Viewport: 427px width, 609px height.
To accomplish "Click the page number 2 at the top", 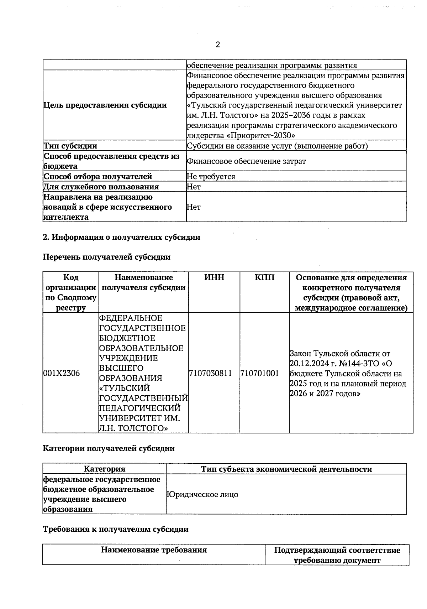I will (x=218, y=45).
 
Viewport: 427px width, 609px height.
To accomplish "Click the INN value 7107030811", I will (x=211, y=373).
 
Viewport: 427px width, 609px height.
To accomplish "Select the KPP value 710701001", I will (x=259, y=373).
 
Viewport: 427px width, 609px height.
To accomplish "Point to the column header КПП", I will (x=264, y=277).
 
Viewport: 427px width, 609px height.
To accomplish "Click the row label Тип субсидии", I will (x=70, y=146).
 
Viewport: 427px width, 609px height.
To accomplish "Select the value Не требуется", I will (x=211, y=177).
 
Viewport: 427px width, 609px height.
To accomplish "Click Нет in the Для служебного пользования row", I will (x=194, y=187).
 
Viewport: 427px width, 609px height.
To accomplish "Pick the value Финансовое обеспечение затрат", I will (x=246, y=161).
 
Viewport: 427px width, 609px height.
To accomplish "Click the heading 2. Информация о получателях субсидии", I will (x=121, y=237).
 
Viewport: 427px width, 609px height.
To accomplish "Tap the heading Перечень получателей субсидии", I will (x=106, y=257).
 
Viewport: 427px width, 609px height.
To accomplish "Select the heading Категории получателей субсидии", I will (x=109, y=449).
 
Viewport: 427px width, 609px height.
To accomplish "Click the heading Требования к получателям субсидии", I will (x=116, y=529).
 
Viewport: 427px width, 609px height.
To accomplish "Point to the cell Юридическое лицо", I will (x=202, y=495).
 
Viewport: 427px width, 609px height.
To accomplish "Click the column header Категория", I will (x=104, y=469).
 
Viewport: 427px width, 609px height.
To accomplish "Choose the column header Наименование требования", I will (x=154, y=550).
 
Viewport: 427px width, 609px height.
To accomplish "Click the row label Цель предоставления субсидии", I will (x=105, y=105).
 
